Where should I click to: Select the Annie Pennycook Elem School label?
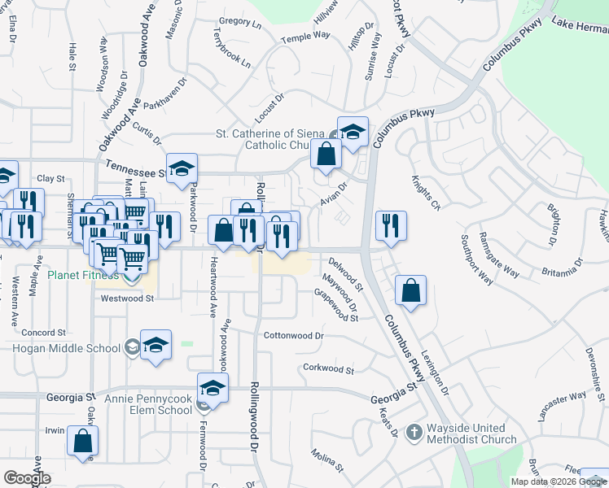tap(147, 404)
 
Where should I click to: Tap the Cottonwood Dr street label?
tap(293, 335)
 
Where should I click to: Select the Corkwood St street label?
tap(328, 369)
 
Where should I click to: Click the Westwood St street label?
tap(127, 298)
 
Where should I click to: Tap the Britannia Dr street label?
tap(562, 264)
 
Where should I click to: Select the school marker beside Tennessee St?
tap(182, 168)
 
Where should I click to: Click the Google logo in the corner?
tap(27, 478)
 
